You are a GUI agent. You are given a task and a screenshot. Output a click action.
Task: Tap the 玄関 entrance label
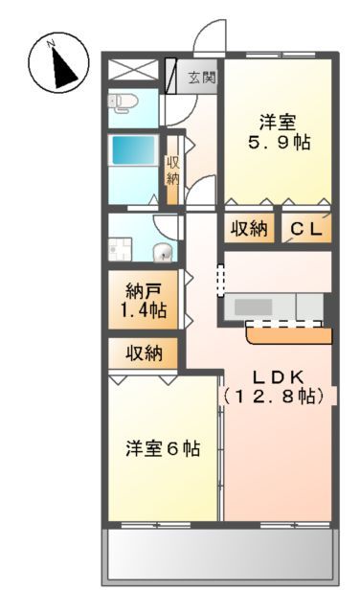(200, 78)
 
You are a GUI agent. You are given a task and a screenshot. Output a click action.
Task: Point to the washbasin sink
(164, 253)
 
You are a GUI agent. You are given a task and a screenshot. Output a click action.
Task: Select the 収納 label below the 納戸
(144, 352)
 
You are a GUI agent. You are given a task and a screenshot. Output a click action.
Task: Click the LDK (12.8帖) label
(277, 384)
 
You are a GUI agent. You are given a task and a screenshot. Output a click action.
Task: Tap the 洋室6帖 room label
(163, 447)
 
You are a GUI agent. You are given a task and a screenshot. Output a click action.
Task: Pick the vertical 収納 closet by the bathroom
(173, 170)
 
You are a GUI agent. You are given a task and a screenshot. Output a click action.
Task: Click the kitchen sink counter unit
(273, 306)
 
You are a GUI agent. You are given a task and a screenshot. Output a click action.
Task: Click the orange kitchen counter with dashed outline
(288, 333)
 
